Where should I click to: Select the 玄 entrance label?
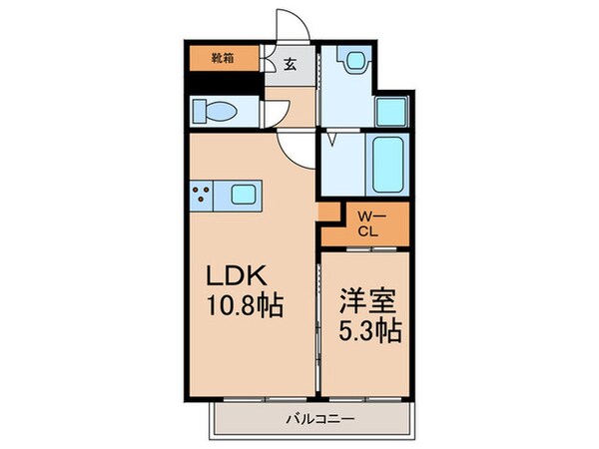click(290, 65)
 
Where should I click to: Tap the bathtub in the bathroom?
click(386, 164)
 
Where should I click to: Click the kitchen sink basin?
click(246, 194)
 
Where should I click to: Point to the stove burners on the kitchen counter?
click(200, 194)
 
